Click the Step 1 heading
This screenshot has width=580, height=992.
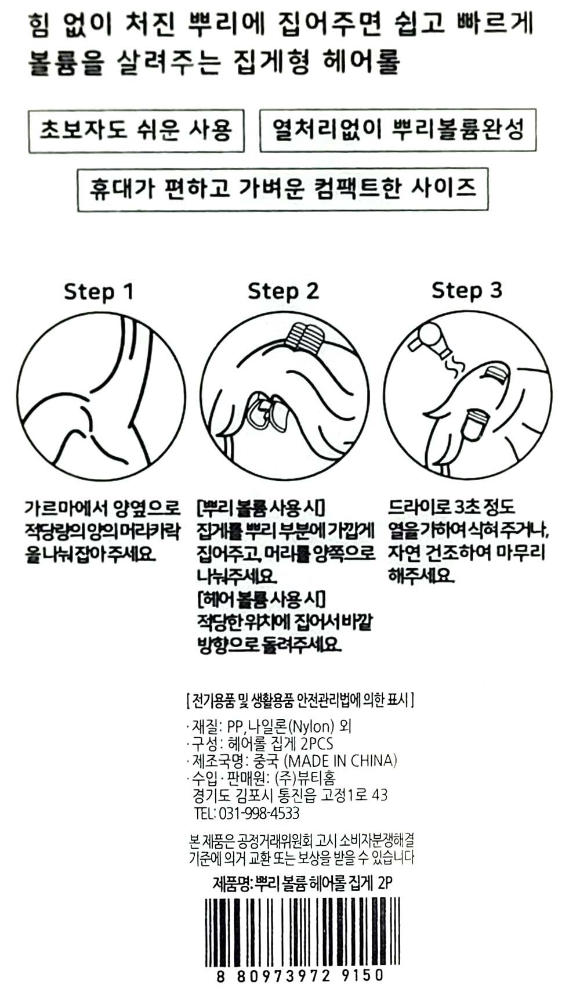[98, 292]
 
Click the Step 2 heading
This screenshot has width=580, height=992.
[283, 291]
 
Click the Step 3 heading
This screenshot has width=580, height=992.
[467, 290]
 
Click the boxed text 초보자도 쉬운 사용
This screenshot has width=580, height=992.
[136, 131]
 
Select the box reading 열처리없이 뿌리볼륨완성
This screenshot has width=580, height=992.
[398, 130]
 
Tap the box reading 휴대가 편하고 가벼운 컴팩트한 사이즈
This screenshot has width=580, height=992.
[282, 189]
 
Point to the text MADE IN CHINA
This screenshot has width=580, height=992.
[340, 760]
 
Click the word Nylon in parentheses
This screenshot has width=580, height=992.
[313, 726]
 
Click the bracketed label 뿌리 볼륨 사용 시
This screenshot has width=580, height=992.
[260, 508]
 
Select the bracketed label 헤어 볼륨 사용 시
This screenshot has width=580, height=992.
[260, 599]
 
